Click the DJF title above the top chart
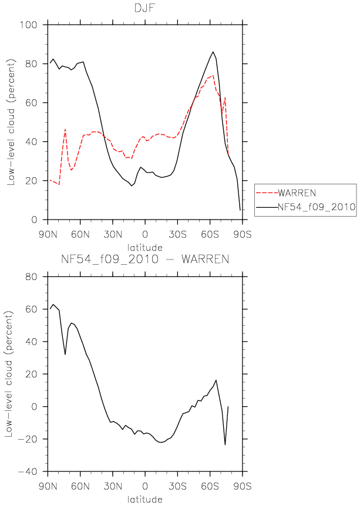(145, 8)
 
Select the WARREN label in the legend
(297, 193)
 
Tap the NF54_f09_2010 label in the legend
(317, 207)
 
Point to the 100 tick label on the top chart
(28, 25)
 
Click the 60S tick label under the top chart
(210, 234)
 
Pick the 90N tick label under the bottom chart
(48, 486)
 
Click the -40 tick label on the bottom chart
(28, 471)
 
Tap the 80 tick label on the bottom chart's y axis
(31, 276)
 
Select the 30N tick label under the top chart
(113, 234)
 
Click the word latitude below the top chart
(144, 248)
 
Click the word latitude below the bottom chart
(144, 499)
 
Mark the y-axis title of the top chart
(11, 122)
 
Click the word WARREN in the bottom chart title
(205, 259)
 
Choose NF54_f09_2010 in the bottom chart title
(110, 259)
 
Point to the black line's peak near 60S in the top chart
(213, 52)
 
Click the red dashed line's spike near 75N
(65, 129)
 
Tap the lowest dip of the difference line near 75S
(225, 445)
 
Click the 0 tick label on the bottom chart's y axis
(35, 407)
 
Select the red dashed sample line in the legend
(267, 193)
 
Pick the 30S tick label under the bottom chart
(177, 486)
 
